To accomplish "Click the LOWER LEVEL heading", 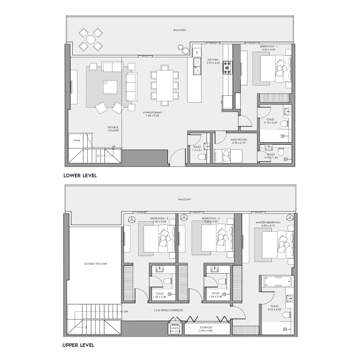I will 80,175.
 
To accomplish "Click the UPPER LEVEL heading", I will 78,345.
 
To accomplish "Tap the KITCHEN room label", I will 213,60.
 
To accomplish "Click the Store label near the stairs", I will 76,140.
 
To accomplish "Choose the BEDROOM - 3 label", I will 159,218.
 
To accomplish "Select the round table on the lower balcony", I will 90,40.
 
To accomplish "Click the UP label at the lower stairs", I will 113,147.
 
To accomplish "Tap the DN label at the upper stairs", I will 126,311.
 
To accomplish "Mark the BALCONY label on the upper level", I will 184,199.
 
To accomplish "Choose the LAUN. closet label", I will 175,329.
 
